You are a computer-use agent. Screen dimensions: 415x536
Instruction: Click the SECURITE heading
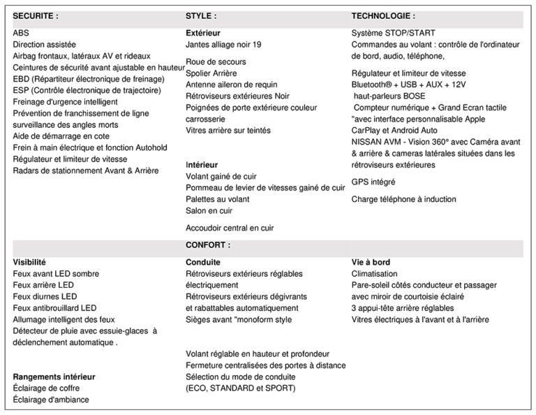(x=36, y=15)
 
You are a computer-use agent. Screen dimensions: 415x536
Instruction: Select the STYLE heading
(x=201, y=15)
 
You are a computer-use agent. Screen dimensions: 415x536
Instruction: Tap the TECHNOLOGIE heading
(x=383, y=15)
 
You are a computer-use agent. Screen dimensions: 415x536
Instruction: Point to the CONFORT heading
(x=208, y=246)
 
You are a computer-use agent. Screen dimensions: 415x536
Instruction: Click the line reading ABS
(x=21, y=33)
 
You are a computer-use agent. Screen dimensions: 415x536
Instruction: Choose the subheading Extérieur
(x=203, y=33)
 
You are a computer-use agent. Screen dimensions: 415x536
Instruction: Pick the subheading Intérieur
(x=202, y=165)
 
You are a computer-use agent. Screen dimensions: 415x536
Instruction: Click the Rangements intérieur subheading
(x=54, y=377)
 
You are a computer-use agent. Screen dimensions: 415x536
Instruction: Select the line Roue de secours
(x=216, y=62)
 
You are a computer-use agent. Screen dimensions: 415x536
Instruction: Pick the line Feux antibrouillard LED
(x=54, y=307)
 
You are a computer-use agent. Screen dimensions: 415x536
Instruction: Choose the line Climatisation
(x=374, y=274)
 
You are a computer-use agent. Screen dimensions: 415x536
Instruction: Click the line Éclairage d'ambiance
(x=51, y=400)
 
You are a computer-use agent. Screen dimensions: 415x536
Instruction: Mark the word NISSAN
(x=368, y=142)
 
